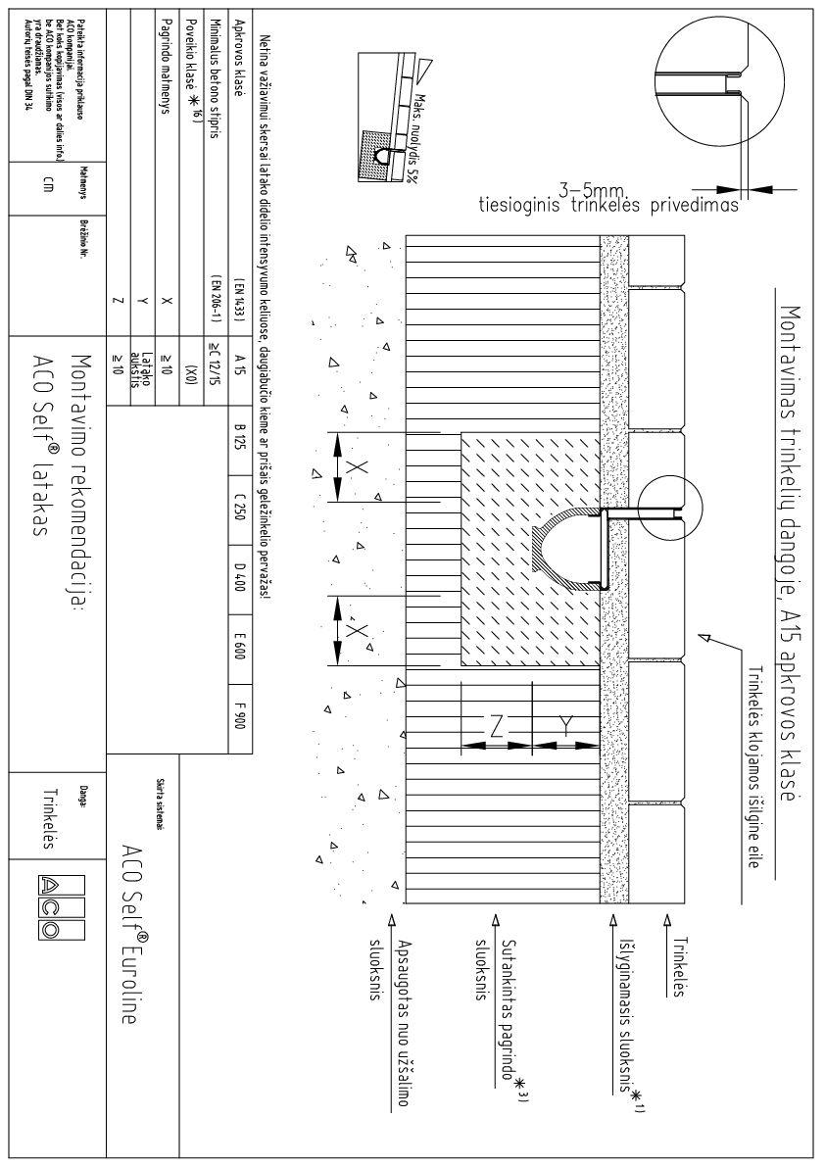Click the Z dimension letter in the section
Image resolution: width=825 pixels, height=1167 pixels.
click(495, 725)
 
